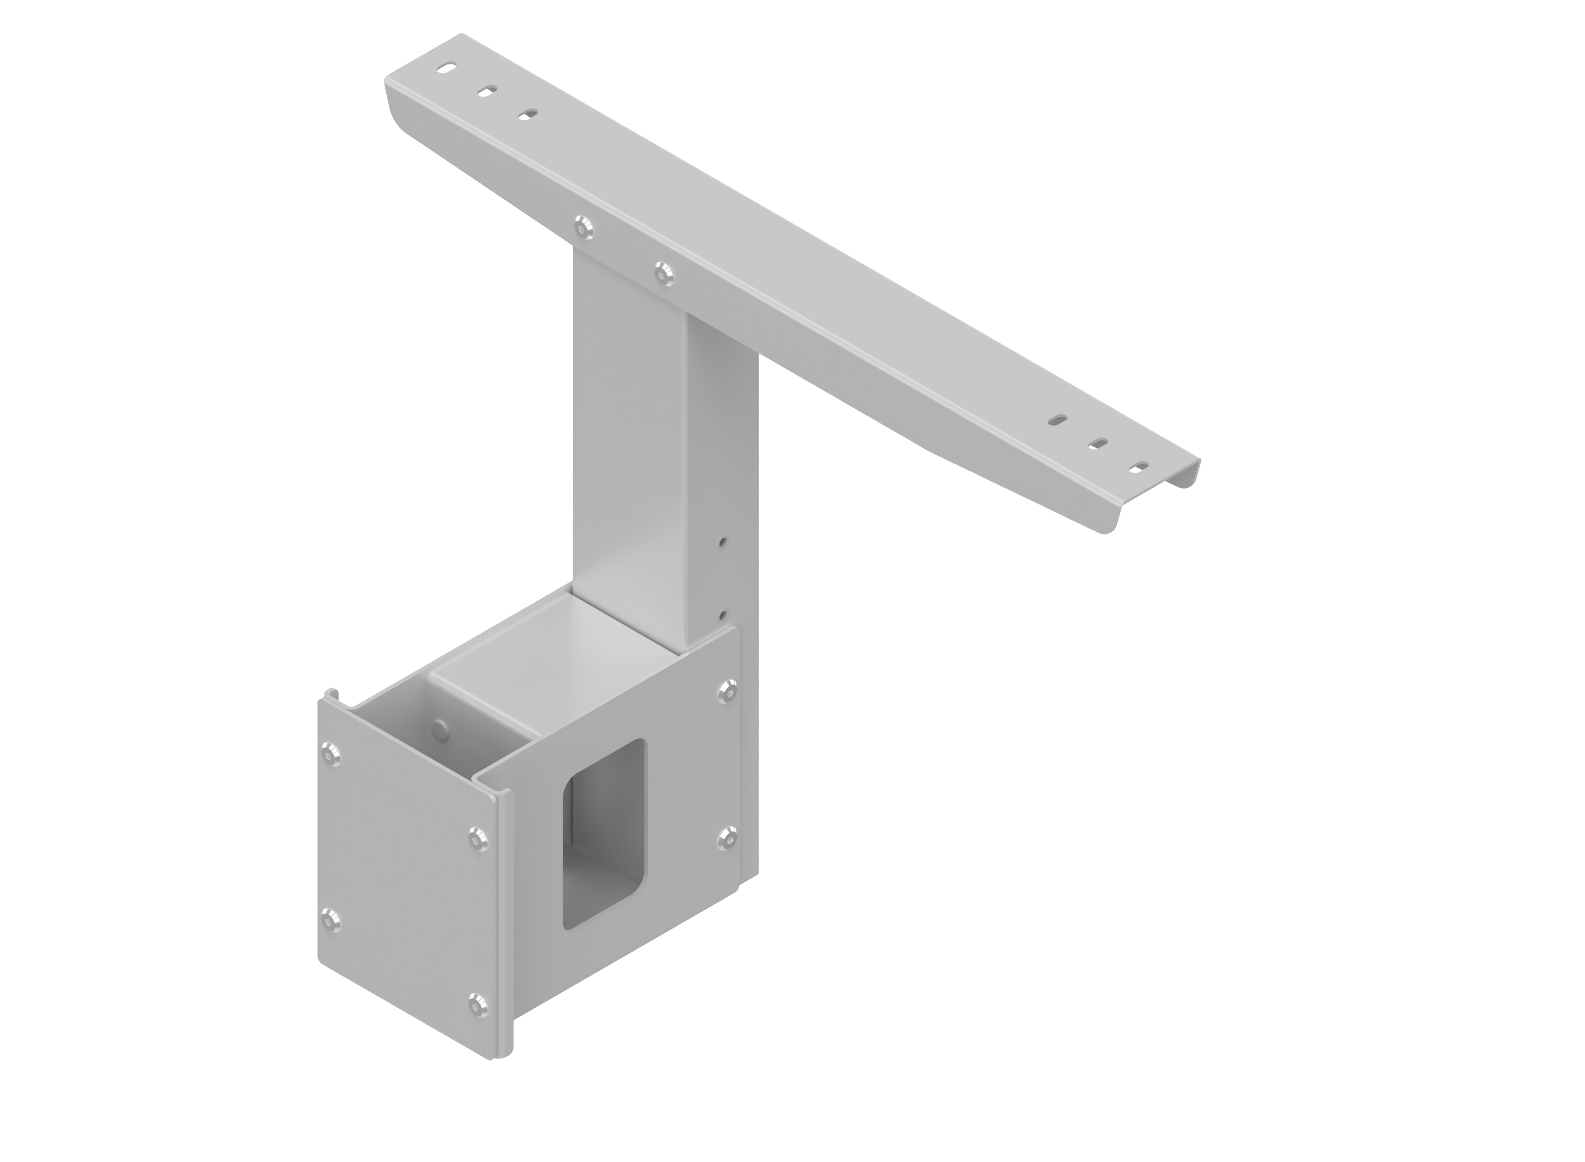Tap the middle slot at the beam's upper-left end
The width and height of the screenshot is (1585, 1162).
tap(487, 91)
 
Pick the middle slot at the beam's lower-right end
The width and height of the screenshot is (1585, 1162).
tap(1099, 443)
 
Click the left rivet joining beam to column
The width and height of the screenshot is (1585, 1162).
tap(581, 227)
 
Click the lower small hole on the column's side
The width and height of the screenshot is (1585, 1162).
tap(723, 615)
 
